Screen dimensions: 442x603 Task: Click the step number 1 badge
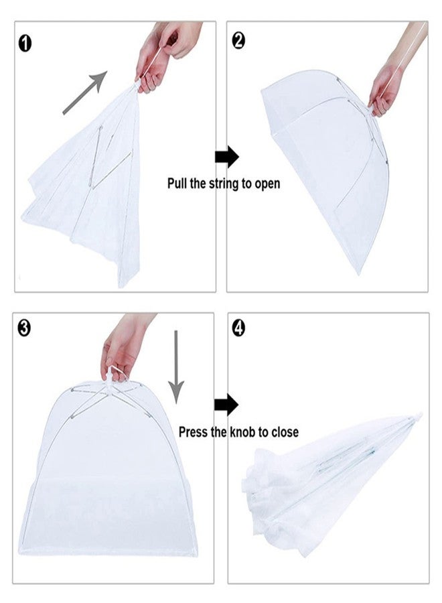coord(25,44)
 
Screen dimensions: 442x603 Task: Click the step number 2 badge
coord(238,41)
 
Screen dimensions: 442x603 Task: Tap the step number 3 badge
coord(24,328)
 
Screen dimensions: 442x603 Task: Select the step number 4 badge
coord(238,328)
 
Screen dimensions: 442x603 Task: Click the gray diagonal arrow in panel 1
coord(85,92)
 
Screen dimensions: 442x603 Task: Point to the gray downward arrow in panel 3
coord(176,367)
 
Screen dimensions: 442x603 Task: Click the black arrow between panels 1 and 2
coord(227,157)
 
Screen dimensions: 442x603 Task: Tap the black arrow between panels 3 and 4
coord(226,405)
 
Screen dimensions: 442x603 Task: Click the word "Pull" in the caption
coord(177,183)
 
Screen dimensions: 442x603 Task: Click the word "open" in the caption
coord(267,184)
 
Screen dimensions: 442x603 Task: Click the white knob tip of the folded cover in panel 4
coord(418,417)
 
